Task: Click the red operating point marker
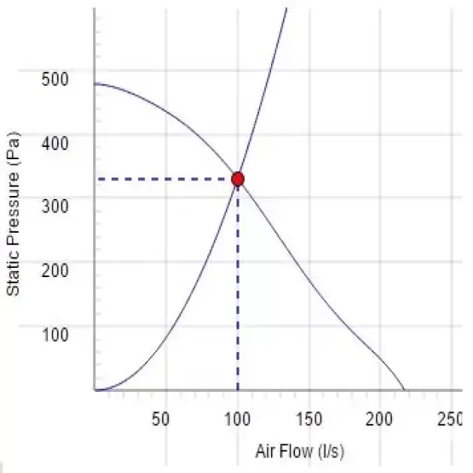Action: (x=238, y=179)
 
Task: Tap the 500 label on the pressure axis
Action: (x=55, y=78)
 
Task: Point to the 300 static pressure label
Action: (x=55, y=203)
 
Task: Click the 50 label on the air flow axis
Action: (x=161, y=419)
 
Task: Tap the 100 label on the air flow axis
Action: (x=238, y=419)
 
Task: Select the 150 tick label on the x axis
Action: (x=309, y=419)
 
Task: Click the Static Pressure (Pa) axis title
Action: (x=13, y=214)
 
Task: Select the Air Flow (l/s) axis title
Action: (x=300, y=452)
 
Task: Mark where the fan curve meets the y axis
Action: (x=95, y=84)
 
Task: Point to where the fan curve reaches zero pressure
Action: (x=404, y=390)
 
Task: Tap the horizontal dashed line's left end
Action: (x=99, y=179)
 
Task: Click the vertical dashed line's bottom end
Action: (x=238, y=389)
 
